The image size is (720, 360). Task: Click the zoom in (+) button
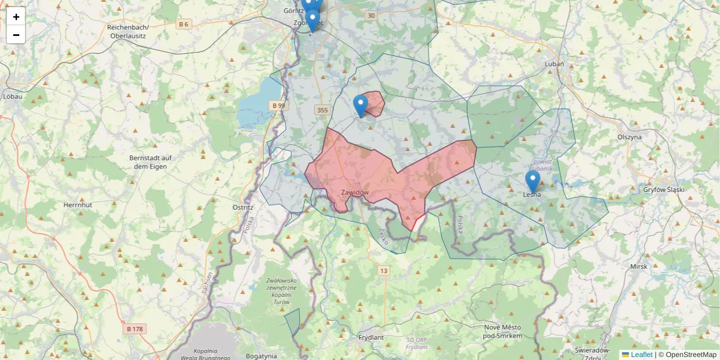(16, 16)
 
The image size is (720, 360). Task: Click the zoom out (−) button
(16, 35)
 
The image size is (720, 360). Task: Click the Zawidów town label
(355, 193)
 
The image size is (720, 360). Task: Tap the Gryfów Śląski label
(664, 190)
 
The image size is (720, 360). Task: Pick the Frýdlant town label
(370, 337)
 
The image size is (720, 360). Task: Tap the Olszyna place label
(629, 137)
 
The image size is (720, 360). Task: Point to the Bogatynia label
(261, 356)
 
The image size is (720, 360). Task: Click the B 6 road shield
(184, 24)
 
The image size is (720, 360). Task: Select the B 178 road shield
(135, 329)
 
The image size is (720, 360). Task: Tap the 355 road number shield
(322, 110)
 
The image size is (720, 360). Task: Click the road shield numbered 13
(383, 271)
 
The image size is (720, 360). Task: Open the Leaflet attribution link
(641, 355)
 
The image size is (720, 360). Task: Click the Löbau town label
(13, 96)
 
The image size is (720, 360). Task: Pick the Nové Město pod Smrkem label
(503, 331)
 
